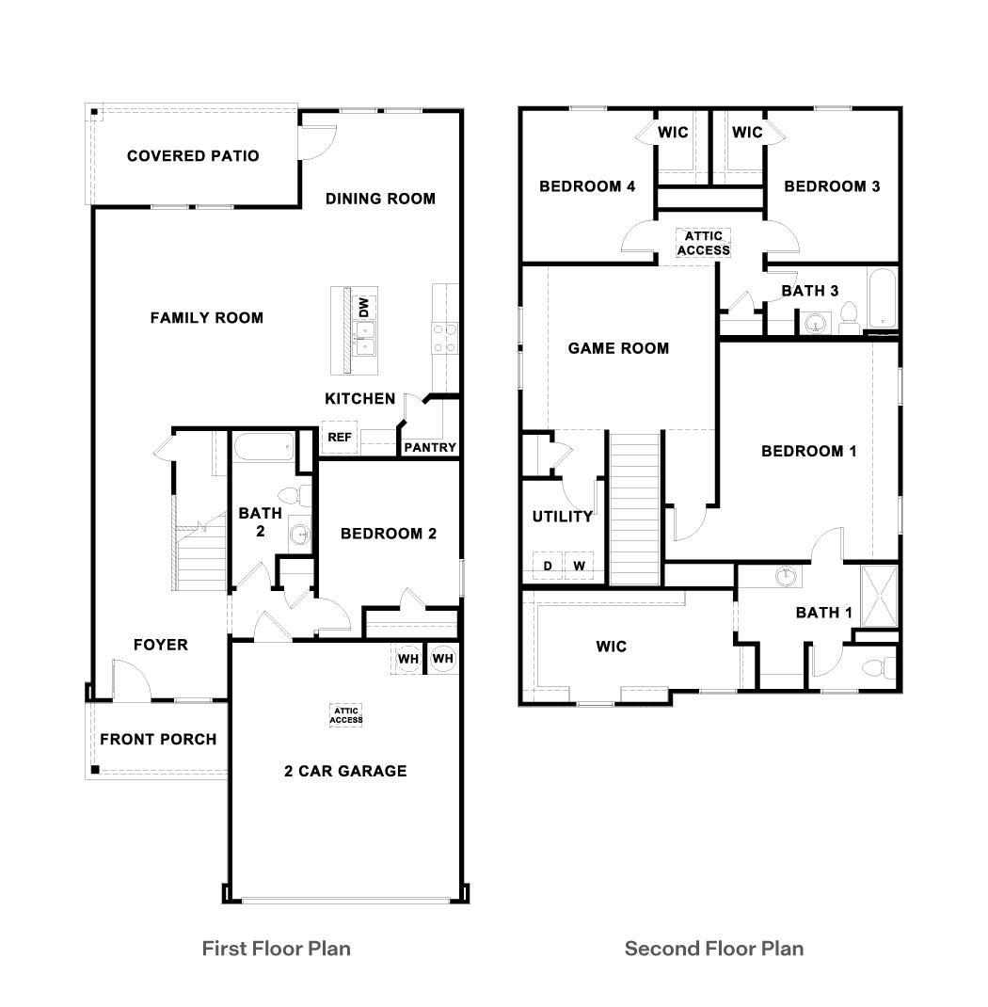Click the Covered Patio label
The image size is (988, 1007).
pos(193,156)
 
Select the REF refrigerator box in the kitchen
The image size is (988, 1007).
pos(339,438)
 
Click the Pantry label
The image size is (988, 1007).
pos(430,448)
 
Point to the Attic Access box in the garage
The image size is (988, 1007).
pos(346,715)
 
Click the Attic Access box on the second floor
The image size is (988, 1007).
pos(703,243)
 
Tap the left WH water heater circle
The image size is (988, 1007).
pos(407,659)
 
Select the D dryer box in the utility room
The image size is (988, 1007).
pos(548,566)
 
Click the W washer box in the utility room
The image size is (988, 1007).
pos(580,566)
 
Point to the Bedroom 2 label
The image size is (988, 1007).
pos(388,534)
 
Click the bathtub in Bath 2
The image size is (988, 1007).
pos(263,447)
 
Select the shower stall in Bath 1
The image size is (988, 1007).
pos(880,596)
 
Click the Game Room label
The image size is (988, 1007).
pos(618,348)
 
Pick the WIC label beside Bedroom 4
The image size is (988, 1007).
pos(673,133)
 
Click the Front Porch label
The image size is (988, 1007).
pos(158,740)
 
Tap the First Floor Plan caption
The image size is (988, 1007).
pos(276,948)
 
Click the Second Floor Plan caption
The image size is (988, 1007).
pos(714,948)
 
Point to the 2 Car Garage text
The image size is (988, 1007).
pos(345,771)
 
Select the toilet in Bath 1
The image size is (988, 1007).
pos(874,668)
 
